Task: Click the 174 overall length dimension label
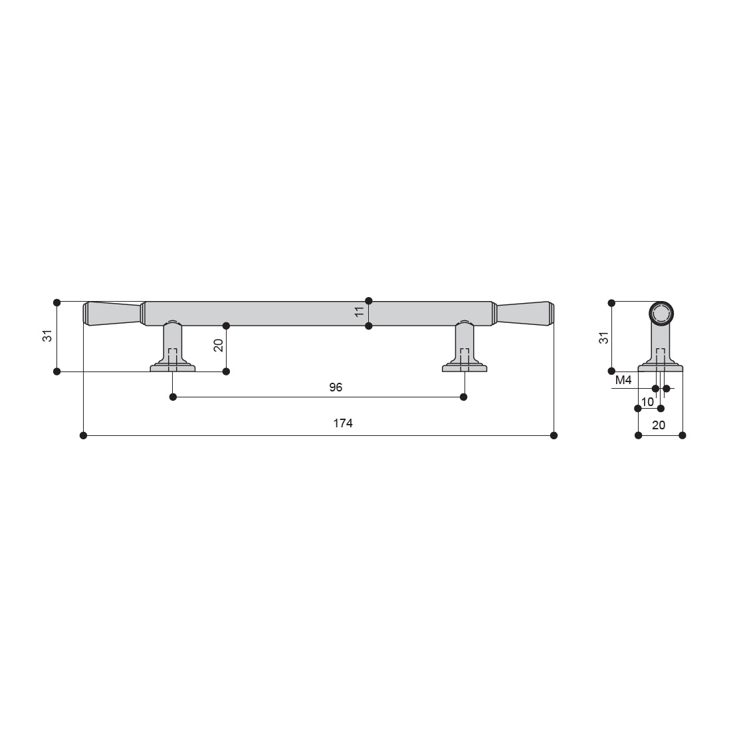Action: pos(343,423)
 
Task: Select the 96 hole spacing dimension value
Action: pos(336,387)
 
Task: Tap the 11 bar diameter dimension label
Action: pos(359,312)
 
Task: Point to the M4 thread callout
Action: pos(623,380)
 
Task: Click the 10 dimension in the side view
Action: pos(647,402)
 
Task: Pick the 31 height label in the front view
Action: pos(48,336)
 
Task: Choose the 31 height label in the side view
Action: pos(603,338)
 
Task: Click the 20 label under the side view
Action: pos(659,425)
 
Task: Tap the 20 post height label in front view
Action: pos(218,346)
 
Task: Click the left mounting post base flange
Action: pos(173,368)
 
